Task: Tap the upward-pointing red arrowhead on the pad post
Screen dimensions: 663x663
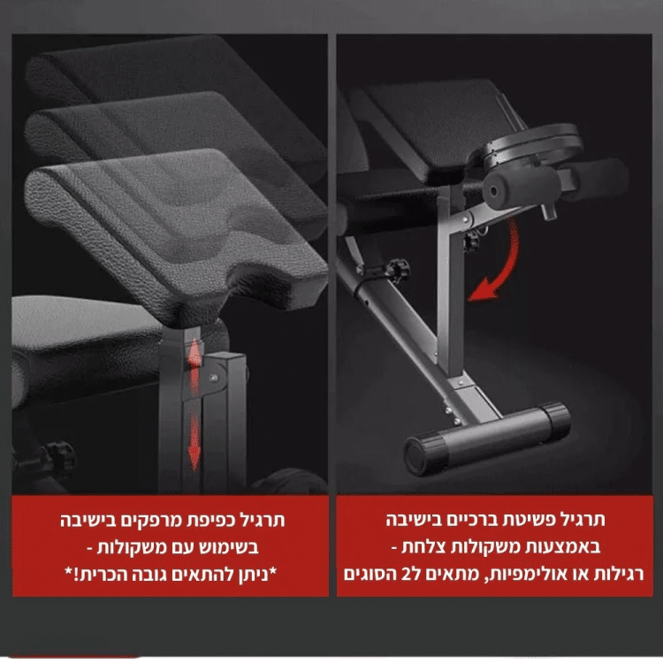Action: pyautogui.click(x=194, y=348)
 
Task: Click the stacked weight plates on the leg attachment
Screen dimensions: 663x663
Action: pyautogui.click(x=535, y=146)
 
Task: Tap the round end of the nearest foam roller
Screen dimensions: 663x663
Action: pyautogui.click(x=494, y=192)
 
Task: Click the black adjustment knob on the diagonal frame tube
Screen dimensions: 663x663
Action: pyautogui.click(x=399, y=269)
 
